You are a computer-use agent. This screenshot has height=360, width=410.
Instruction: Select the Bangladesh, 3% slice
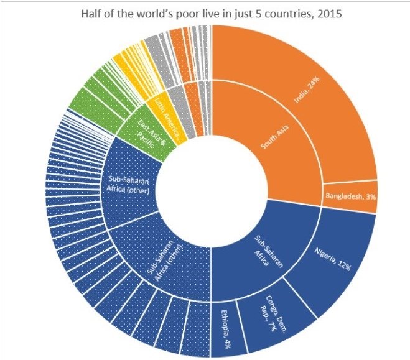(x=350, y=197)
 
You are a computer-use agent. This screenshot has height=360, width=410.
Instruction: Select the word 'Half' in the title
(x=93, y=14)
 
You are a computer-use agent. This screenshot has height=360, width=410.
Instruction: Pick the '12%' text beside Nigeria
(x=343, y=265)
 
